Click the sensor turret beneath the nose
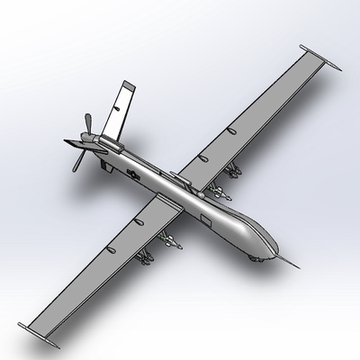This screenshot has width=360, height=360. click(x=260, y=259)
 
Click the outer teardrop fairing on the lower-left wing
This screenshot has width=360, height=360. click(x=111, y=247)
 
